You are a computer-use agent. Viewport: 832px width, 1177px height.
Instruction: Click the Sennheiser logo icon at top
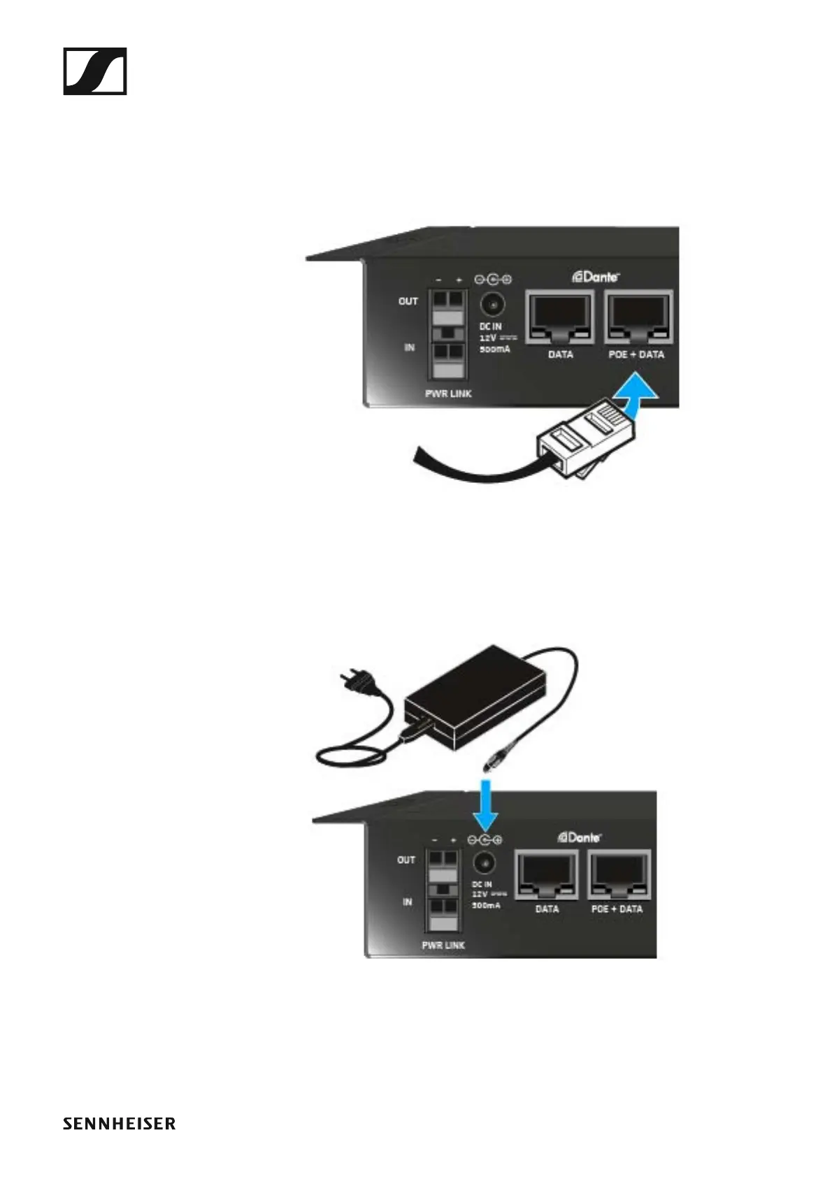95,71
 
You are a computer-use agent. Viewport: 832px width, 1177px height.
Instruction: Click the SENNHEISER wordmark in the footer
119,1124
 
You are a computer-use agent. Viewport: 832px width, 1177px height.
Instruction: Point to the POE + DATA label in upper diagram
636,354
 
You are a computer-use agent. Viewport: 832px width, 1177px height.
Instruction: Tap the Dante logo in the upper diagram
596,277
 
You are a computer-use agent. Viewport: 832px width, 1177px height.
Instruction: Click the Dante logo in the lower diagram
580,837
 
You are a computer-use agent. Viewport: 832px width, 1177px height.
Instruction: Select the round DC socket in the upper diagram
494,305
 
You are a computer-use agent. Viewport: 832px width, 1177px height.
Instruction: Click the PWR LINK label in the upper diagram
448,393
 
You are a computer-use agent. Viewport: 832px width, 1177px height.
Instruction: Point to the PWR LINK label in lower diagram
443,945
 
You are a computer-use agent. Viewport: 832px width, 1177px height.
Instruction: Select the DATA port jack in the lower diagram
547,874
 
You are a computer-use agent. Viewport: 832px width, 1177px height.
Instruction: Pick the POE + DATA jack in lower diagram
619,874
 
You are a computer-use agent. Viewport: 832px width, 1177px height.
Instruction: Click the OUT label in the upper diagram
408,301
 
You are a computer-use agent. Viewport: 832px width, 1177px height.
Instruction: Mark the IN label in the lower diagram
407,902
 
